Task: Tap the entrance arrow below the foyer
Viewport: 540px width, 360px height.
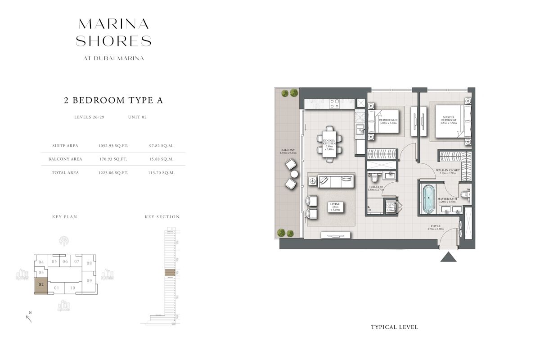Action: point(448,257)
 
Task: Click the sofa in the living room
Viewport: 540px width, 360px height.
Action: point(335,182)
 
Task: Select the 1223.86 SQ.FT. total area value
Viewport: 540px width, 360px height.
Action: point(113,173)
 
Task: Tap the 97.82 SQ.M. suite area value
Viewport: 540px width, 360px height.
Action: point(161,146)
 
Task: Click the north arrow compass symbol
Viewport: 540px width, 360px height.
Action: point(29,318)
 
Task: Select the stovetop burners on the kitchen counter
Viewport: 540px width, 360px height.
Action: point(334,104)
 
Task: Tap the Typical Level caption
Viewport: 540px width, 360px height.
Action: point(394,327)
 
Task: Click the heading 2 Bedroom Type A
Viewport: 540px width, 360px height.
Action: point(113,100)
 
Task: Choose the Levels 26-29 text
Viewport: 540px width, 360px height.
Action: point(90,117)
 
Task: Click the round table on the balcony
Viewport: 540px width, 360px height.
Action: point(294,174)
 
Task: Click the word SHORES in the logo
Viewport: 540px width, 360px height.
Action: point(113,41)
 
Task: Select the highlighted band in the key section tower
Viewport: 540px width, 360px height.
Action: point(170,273)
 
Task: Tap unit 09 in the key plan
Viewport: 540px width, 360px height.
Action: point(89,281)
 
